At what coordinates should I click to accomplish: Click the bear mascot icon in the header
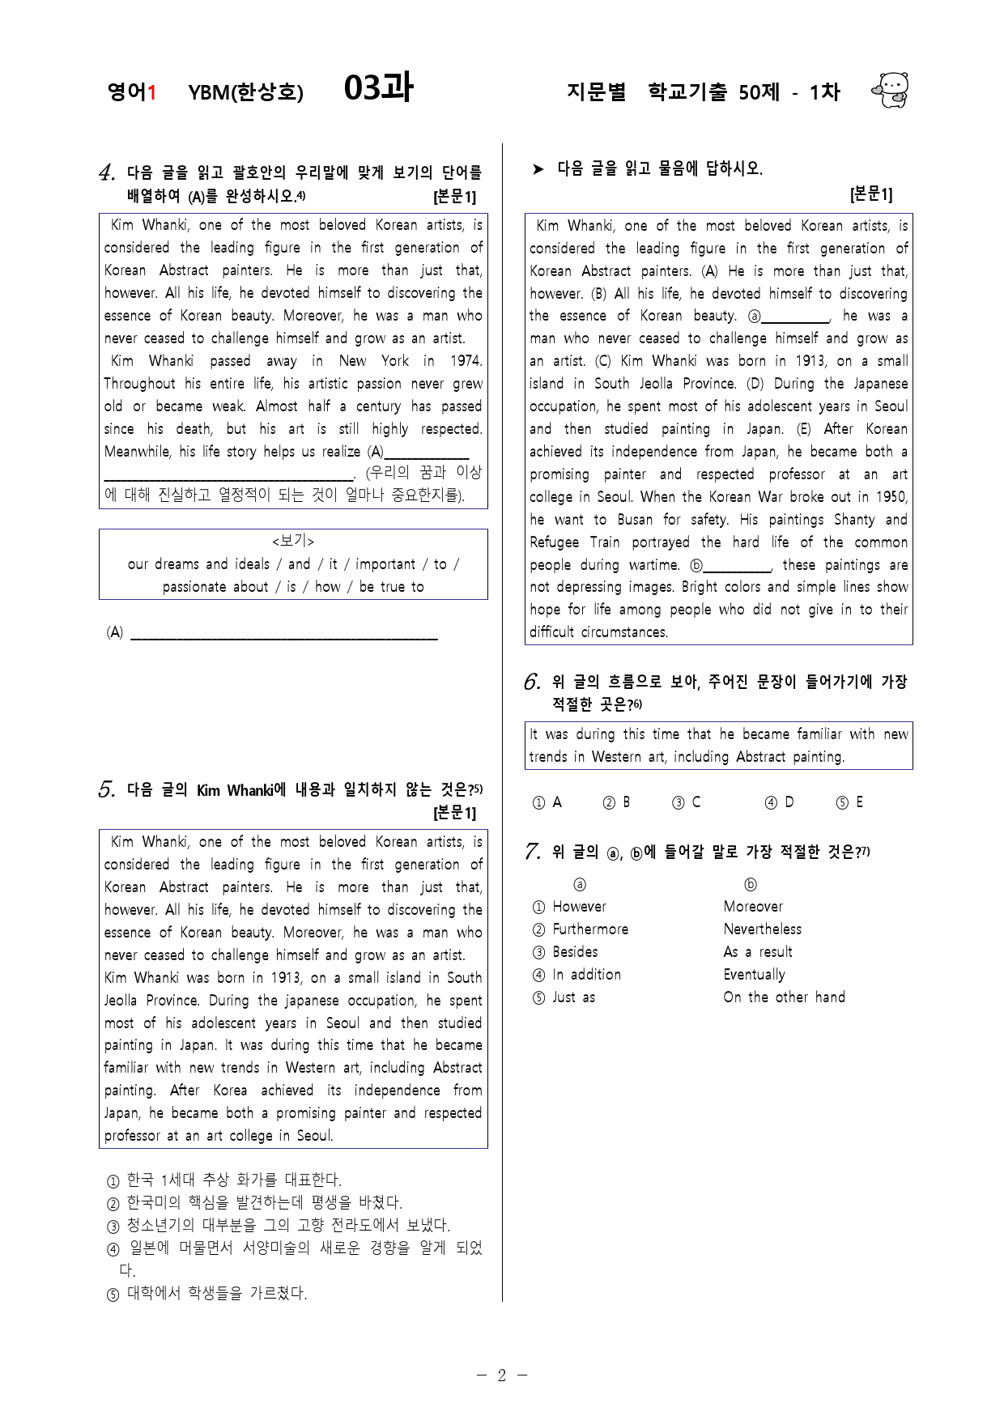pyautogui.click(x=891, y=90)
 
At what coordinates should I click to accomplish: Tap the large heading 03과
pyautogui.click(x=378, y=87)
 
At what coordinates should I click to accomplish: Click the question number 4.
pyautogui.click(x=107, y=172)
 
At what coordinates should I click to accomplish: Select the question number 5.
pyautogui.click(x=107, y=790)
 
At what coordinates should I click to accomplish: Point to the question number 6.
pyautogui.click(x=532, y=682)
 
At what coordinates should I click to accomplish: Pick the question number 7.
pyautogui.click(x=532, y=852)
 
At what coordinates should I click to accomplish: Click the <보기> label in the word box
pyautogui.click(x=293, y=541)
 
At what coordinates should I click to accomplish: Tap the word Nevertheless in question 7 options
pyautogui.click(x=762, y=929)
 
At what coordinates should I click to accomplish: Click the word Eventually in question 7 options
pyautogui.click(x=754, y=975)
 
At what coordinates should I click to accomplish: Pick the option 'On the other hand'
pyautogui.click(x=784, y=997)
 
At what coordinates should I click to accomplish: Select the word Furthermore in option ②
pyautogui.click(x=589, y=929)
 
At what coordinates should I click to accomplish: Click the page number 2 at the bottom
pyautogui.click(x=501, y=1375)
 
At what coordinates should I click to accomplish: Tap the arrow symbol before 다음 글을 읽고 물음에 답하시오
pyautogui.click(x=538, y=169)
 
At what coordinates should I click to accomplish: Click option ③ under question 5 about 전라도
pyautogui.click(x=279, y=1226)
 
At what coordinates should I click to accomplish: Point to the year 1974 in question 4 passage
pyautogui.click(x=465, y=361)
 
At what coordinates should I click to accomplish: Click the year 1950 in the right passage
pyautogui.click(x=891, y=497)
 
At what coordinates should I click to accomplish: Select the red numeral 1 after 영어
pyautogui.click(x=151, y=92)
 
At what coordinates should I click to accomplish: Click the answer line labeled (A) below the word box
pyautogui.click(x=283, y=633)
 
